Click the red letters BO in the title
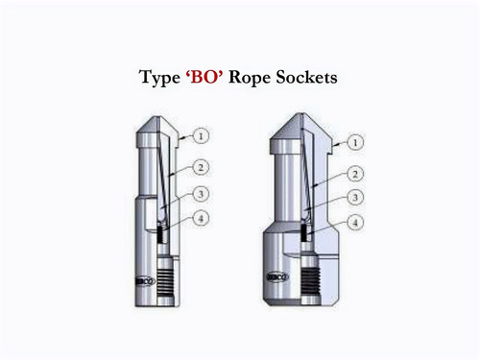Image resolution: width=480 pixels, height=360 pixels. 205,78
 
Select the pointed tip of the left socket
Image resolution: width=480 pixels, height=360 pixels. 154,122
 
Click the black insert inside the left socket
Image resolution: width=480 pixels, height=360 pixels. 164,233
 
